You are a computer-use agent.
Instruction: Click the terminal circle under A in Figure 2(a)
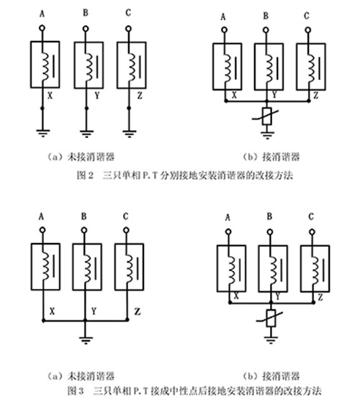pyautogui.click(x=42, y=28)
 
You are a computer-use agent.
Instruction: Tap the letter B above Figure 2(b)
pyautogui.click(x=266, y=16)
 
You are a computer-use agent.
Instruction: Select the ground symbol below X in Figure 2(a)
pyautogui.click(x=43, y=133)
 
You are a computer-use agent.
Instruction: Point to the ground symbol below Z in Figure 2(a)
pyautogui.click(x=130, y=133)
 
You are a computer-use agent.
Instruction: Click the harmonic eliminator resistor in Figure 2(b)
pyautogui.click(x=267, y=117)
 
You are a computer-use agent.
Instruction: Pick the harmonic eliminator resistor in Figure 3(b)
pyautogui.click(x=271, y=318)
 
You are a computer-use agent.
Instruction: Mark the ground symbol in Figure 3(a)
pyautogui.click(x=86, y=339)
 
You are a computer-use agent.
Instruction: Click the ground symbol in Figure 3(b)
pyautogui.click(x=271, y=339)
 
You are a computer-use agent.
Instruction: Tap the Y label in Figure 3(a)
pyautogui.click(x=94, y=311)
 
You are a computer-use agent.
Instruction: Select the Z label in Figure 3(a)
pyautogui.click(x=137, y=311)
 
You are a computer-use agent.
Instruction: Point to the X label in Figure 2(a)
pyautogui.click(x=50, y=96)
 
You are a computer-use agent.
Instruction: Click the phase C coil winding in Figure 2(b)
pyautogui.click(x=310, y=68)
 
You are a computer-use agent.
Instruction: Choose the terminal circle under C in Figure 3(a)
pyautogui.click(x=126, y=230)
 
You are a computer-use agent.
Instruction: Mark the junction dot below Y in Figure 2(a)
pyautogui.click(x=86, y=109)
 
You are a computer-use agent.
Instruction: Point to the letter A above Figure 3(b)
pyautogui.click(x=228, y=217)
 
